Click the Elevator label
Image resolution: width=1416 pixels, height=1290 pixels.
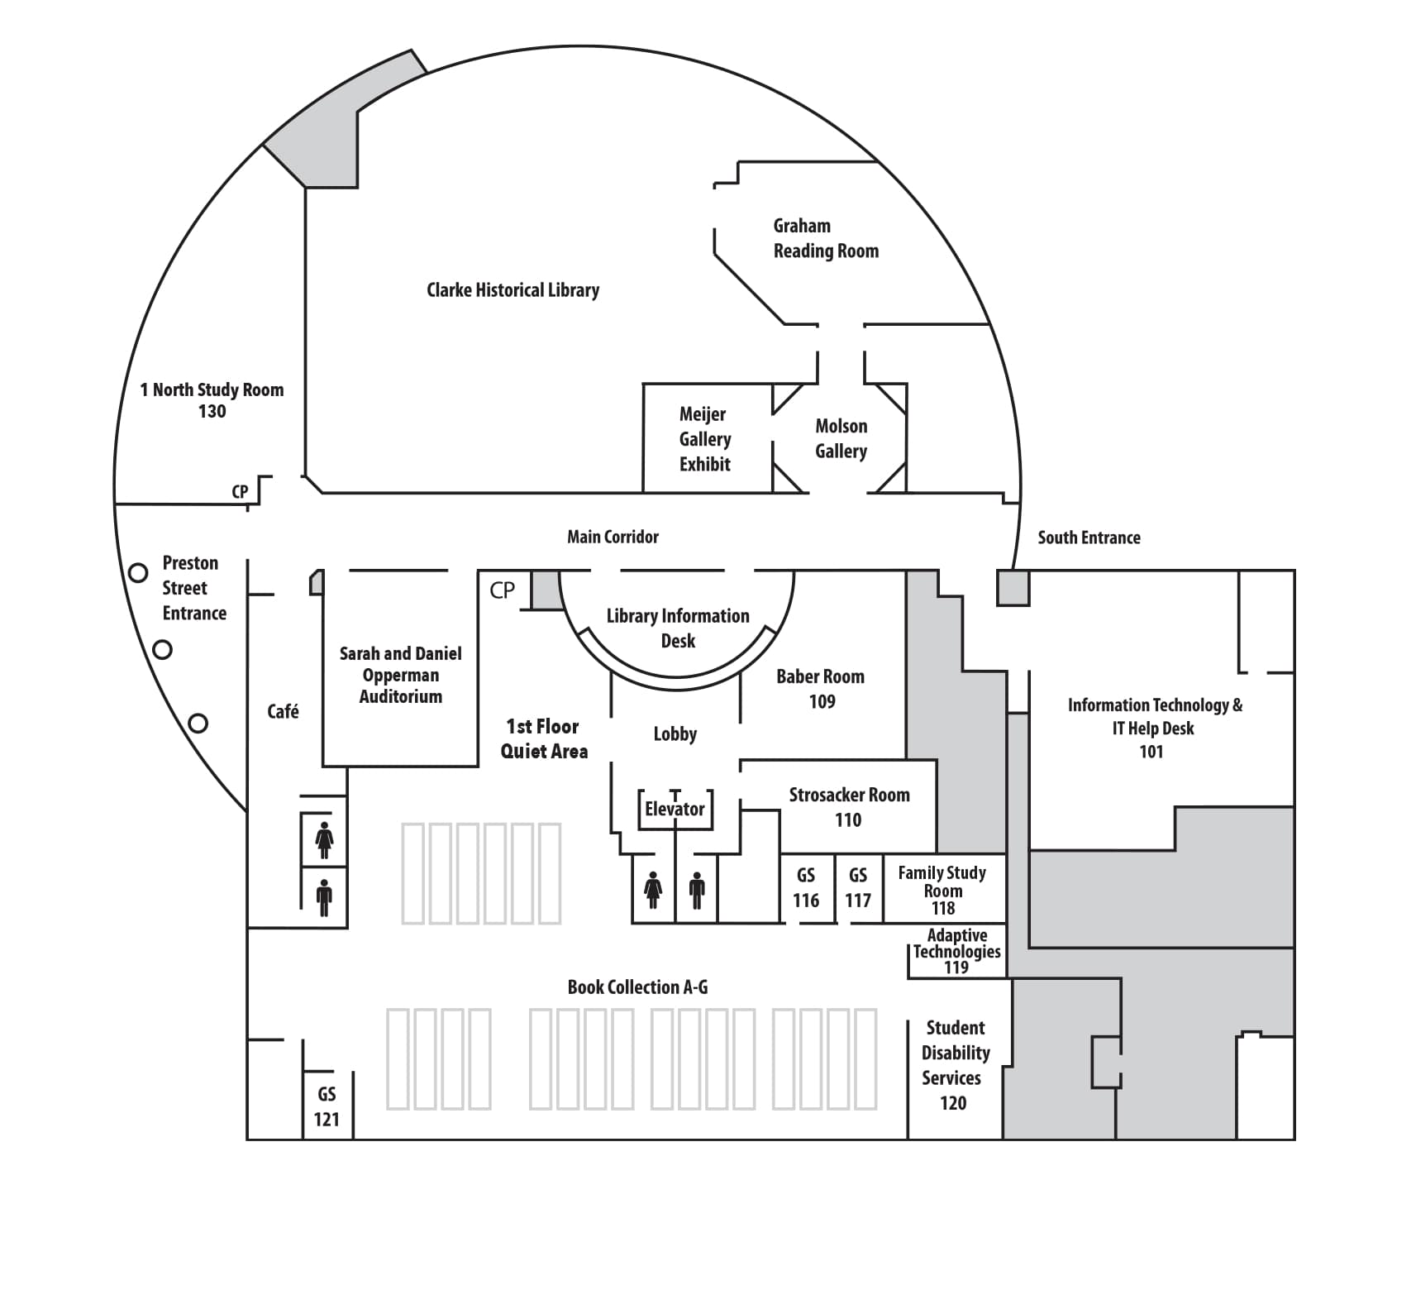(675, 809)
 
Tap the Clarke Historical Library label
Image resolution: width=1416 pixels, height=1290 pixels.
(513, 290)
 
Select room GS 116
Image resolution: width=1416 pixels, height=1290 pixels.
(806, 888)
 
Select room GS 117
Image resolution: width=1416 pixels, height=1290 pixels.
(858, 888)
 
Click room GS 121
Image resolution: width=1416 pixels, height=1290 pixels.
(327, 1106)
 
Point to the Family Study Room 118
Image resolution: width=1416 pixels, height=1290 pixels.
(942, 890)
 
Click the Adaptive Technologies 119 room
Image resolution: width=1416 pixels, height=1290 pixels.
(956, 951)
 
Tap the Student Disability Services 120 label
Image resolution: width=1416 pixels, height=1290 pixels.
(955, 1065)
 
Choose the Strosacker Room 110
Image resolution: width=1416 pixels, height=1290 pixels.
(849, 807)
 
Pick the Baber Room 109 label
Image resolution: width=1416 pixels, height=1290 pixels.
(821, 689)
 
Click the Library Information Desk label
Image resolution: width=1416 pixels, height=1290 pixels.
(678, 628)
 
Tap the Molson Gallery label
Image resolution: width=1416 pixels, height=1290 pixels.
(841, 438)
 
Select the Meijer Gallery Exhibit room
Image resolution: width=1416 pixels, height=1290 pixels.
(705, 439)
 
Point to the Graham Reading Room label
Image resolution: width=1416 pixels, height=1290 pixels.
(825, 238)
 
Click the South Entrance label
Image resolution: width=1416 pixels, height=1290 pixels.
(1089, 537)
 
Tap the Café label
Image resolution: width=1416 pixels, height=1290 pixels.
(283, 711)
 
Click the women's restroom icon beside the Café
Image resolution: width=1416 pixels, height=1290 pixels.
(324, 840)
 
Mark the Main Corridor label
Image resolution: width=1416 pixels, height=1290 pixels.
(613, 537)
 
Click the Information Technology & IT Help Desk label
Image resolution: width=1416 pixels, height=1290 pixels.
(1154, 728)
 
